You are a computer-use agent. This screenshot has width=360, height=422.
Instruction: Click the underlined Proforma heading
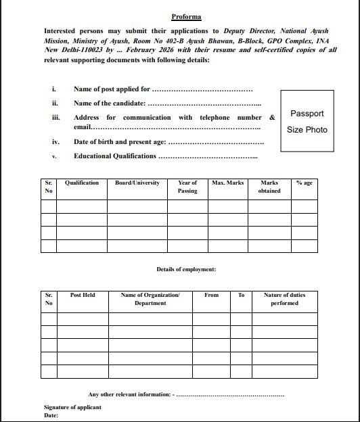(186, 16)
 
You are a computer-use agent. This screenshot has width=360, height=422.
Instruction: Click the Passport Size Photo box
(307, 122)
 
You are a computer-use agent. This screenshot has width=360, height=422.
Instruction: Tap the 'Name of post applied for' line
(162, 89)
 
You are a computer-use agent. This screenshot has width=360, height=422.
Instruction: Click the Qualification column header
(81, 183)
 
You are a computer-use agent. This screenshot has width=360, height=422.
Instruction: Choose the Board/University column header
(137, 183)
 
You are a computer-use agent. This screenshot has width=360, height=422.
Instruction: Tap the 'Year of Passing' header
(187, 187)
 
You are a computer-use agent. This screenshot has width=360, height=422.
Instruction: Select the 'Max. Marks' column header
(227, 183)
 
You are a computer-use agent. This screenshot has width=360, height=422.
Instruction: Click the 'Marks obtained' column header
(269, 187)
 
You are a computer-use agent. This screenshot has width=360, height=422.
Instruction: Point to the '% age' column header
(304, 183)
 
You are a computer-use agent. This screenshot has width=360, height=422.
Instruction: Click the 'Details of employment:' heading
(186, 269)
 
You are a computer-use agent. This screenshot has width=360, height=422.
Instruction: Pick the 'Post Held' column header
(83, 296)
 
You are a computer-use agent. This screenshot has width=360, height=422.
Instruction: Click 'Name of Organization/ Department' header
(150, 299)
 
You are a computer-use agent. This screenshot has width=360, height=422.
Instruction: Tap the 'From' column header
(212, 296)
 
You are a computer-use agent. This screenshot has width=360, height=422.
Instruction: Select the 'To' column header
(241, 296)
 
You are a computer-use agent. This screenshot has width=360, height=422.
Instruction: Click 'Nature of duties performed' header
(284, 299)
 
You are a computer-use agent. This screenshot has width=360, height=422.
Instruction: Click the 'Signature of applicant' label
(72, 407)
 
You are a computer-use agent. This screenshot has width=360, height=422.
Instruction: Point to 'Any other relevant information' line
(186, 394)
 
